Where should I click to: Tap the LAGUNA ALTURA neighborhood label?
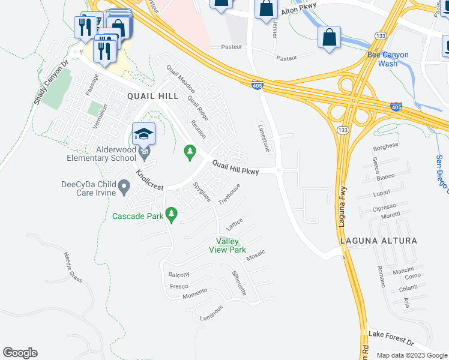coord(378,241)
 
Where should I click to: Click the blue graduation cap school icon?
coord(144,134)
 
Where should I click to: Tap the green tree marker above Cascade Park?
coord(171,214)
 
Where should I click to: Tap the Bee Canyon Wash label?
coord(388,59)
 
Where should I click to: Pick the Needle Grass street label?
coord(72,267)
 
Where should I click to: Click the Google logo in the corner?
coord(20,353)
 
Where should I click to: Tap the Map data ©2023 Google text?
coord(412,355)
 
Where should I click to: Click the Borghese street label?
coord(386,146)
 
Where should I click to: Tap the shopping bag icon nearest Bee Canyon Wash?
coord(329,37)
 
